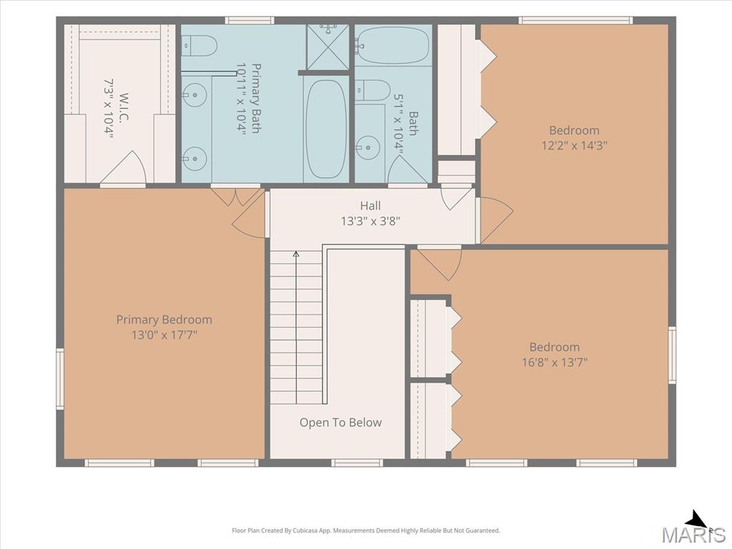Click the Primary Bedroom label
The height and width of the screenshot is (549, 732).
coord(164,320)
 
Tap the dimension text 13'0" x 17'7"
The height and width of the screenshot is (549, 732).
coord(164,335)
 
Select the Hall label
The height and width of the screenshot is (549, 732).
coord(370,205)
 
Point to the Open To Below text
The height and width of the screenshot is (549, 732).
coord(340,422)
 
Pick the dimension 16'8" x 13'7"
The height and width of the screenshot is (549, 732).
coord(554,362)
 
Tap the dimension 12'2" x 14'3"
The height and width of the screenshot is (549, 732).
coord(574,145)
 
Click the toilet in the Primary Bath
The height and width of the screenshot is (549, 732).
coord(199,46)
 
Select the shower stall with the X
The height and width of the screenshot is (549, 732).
coord(327,46)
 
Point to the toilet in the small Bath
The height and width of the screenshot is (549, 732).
coord(372,90)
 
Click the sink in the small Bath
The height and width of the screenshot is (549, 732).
coord(368,147)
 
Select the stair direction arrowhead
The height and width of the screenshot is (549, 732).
coord(295,254)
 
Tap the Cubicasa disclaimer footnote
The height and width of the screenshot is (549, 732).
coord(366,530)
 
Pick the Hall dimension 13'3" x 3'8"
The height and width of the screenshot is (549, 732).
coord(370,221)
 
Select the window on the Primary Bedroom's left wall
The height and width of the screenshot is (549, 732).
coord(60,379)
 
